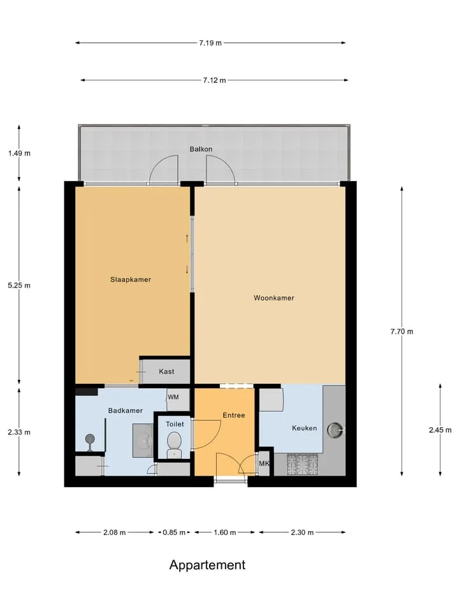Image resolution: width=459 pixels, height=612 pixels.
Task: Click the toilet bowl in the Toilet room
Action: (174, 444)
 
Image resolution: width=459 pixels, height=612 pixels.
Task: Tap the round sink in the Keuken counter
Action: (335, 430)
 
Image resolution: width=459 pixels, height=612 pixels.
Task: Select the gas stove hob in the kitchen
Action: (302, 464)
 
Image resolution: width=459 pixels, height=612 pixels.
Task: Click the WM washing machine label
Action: (173, 397)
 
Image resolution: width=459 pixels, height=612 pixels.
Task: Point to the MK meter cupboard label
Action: (264, 463)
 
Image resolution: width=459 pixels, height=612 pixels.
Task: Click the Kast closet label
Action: (166, 372)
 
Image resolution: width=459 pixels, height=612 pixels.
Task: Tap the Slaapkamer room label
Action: (130, 279)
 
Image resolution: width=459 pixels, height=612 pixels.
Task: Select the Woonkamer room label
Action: (273, 298)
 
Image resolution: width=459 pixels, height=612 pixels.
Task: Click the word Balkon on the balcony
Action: (201, 149)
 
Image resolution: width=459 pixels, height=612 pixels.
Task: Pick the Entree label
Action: (234, 415)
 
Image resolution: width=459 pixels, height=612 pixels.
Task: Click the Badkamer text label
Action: (126, 411)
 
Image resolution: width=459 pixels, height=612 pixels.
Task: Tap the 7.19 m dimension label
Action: (210, 43)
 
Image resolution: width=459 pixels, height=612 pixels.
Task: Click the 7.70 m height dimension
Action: (402, 331)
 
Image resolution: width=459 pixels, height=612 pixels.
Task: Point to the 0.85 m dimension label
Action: (174, 532)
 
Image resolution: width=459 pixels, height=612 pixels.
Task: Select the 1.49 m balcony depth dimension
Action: (19, 154)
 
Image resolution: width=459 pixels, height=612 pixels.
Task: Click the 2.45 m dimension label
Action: (441, 430)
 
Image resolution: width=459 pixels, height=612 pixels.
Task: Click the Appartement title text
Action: (207, 565)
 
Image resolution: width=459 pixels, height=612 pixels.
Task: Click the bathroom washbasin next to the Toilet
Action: (143, 441)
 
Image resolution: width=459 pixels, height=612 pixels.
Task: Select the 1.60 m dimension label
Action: (225, 532)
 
